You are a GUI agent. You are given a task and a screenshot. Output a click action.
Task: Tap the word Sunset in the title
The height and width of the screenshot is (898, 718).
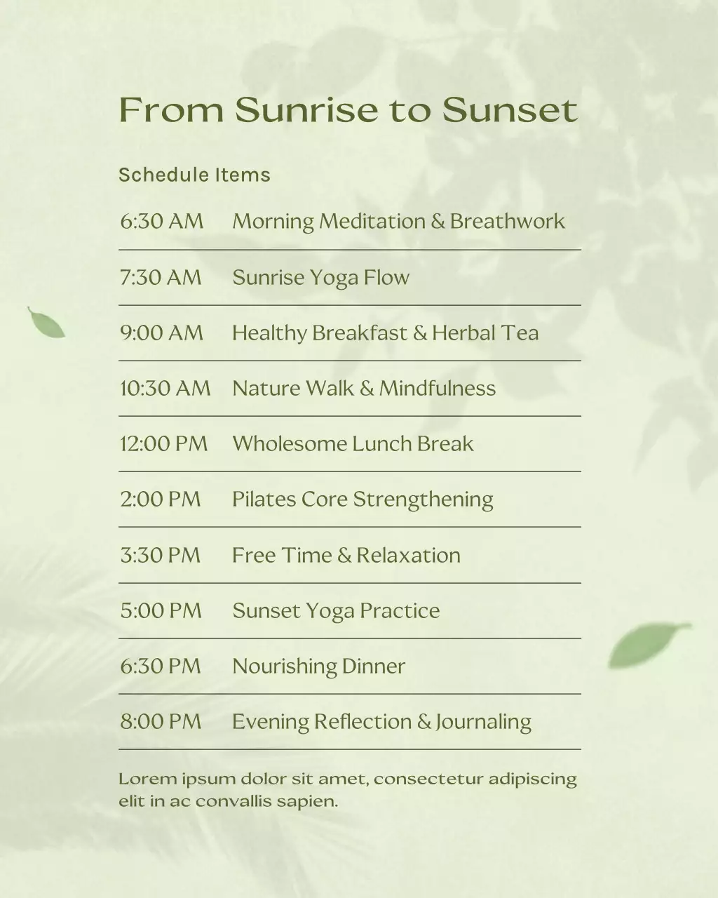click(x=510, y=110)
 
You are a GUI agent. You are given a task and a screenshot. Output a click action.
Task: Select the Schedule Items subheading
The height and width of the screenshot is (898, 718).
click(x=194, y=175)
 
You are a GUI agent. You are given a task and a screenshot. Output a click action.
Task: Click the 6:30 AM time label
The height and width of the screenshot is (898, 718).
click(x=161, y=222)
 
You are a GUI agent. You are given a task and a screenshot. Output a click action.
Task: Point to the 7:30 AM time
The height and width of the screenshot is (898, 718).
click(x=161, y=277)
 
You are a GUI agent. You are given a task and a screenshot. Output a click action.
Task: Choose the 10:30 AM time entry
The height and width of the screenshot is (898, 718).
click(x=165, y=388)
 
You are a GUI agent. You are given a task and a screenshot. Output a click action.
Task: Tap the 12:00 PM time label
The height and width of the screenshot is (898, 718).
click(x=163, y=443)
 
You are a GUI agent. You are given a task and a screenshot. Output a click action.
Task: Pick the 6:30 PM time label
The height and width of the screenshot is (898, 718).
click(x=161, y=666)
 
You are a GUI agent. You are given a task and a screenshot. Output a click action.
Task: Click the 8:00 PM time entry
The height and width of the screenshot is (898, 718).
click(x=161, y=721)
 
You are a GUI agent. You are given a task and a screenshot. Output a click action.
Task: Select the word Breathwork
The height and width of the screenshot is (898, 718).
click(x=507, y=222)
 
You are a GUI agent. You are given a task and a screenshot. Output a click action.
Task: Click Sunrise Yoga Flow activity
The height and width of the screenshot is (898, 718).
click(x=320, y=278)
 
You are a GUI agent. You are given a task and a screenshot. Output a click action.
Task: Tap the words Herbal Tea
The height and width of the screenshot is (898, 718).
click(x=485, y=333)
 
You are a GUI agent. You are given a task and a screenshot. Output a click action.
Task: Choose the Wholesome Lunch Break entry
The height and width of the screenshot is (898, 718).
click(x=353, y=443)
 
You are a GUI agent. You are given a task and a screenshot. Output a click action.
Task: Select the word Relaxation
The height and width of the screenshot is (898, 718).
click(x=408, y=555)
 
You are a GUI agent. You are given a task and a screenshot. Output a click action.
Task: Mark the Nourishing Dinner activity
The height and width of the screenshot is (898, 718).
click(x=318, y=666)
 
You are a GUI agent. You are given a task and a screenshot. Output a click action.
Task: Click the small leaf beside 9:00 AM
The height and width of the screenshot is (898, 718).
click(x=46, y=323)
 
